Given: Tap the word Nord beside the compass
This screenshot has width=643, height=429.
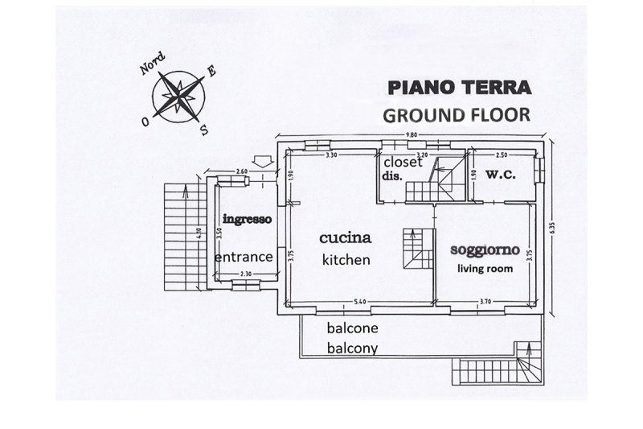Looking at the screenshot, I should (153, 64).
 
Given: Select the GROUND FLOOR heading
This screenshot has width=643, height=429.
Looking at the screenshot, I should (456, 113).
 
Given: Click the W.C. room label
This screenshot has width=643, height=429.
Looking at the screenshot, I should (501, 175).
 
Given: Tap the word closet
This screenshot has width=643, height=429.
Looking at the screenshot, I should (401, 161).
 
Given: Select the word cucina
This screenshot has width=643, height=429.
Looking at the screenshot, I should (345, 238).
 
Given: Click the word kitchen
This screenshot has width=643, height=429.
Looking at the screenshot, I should (346, 259).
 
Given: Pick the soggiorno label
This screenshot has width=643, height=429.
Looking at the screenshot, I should (484, 250).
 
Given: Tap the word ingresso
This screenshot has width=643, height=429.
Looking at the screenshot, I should (246, 218).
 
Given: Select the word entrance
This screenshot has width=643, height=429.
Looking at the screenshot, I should (245, 257).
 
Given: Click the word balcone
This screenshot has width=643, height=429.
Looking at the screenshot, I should (353, 329).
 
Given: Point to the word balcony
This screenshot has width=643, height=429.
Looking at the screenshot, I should (353, 349).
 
